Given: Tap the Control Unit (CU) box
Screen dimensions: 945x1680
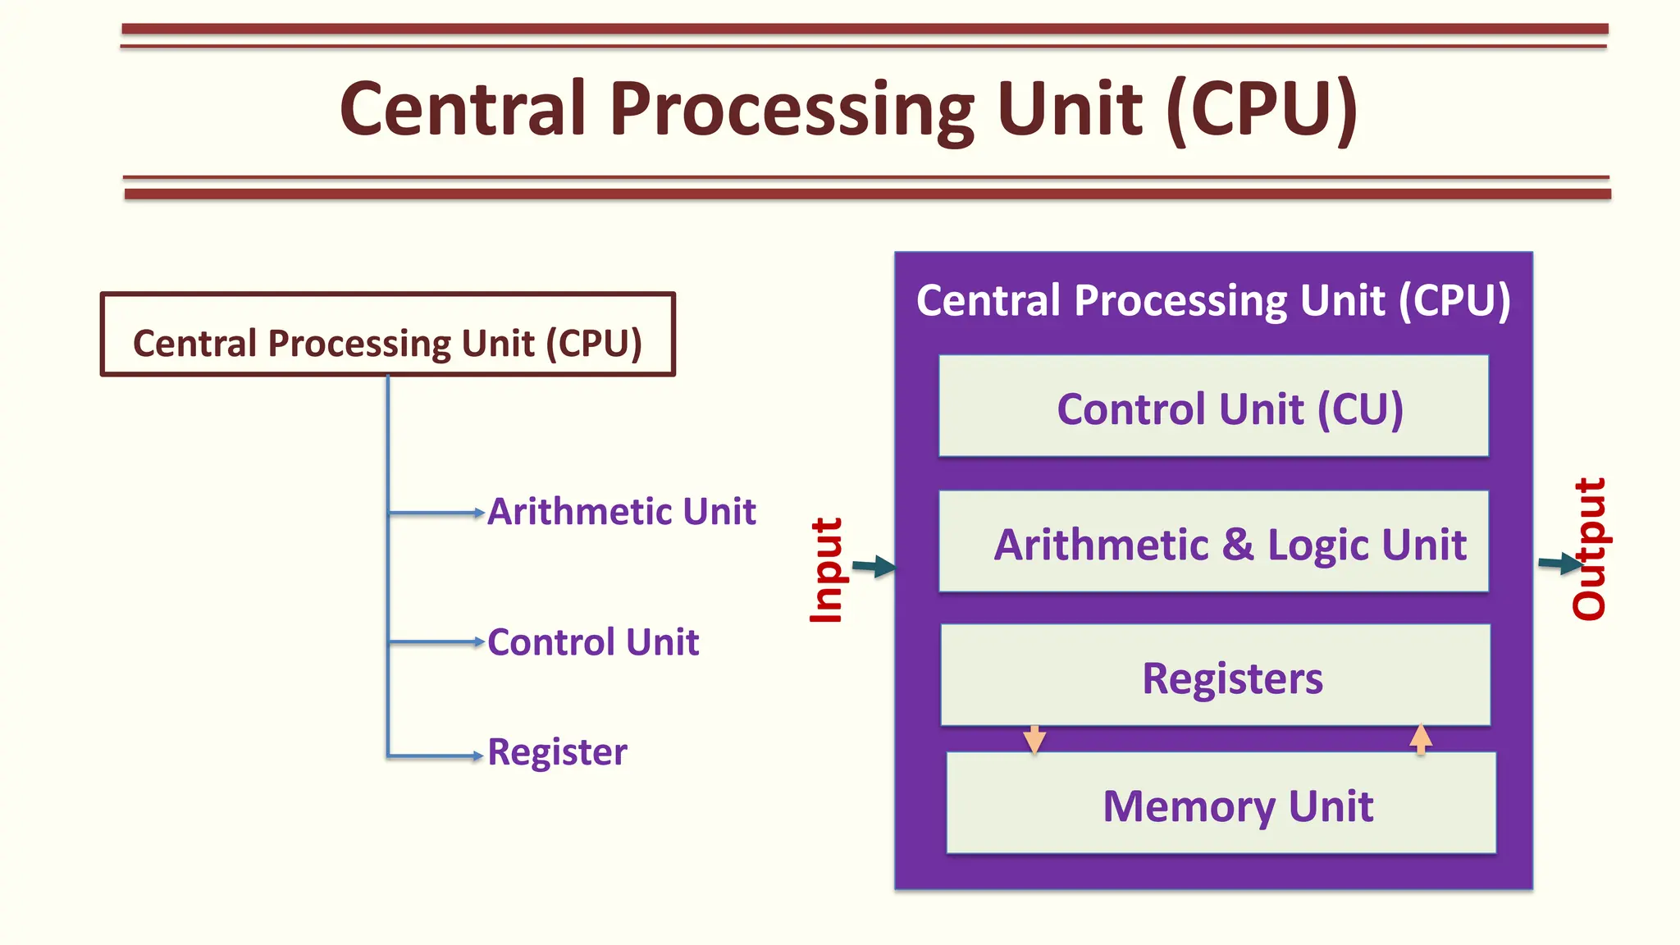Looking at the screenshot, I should (1214, 407).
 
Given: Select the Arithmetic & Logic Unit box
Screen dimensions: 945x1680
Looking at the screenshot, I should (1214, 542).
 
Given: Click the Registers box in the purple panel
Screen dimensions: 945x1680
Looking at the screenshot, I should (1216, 676).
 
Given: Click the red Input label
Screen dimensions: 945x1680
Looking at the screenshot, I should (826, 570).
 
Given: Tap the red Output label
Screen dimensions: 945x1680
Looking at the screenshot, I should (1589, 549).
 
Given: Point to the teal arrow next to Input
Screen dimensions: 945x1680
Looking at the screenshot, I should (874, 566).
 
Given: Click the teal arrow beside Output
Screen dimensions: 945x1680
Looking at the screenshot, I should (1559, 563).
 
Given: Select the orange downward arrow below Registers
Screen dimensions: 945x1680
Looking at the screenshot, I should (1034, 739).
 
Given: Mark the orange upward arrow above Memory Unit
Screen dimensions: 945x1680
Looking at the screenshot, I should (1421, 738).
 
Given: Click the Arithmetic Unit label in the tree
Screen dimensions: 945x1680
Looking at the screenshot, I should (621, 512).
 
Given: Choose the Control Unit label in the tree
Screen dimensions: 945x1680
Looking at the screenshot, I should (593, 642).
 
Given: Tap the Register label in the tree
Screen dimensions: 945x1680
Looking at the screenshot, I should (557, 752).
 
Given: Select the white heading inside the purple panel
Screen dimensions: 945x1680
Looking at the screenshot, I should (1213, 301).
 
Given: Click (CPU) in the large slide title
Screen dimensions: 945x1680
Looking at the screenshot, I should (1262, 111).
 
